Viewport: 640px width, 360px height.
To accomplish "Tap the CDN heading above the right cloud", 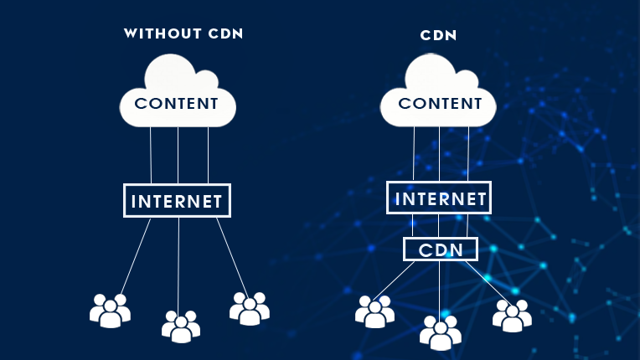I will pyautogui.click(x=439, y=37).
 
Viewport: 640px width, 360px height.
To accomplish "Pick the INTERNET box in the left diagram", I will pyautogui.click(x=177, y=201).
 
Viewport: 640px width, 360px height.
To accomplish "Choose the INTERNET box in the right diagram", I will pyautogui.click(x=439, y=198).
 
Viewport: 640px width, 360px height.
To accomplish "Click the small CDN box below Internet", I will pyautogui.click(x=440, y=249).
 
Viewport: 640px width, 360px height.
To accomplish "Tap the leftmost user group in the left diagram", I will pyautogui.click(x=110, y=311).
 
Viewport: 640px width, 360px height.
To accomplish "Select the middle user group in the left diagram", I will pyautogui.click(x=180, y=327).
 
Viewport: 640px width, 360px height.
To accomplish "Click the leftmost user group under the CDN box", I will pyautogui.click(x=374, y=311).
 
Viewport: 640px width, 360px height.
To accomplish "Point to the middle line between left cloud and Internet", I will pyautogui.click(x=178, y=155).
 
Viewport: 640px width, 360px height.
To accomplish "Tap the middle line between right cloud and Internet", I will pyautogui.click(x=440, y=155).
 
